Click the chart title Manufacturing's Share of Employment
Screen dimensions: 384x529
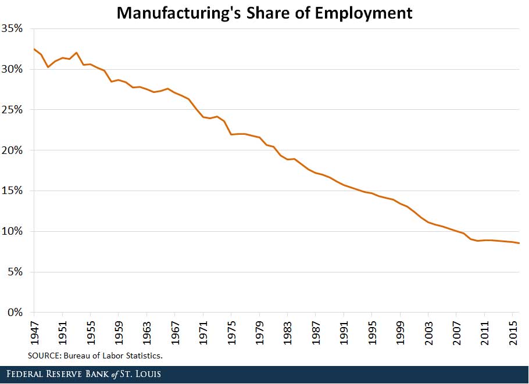pyautogui.click(x=264, y=13)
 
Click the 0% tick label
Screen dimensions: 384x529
pyautogui.click(x=15, y=313)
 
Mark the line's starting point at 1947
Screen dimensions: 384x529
pyautogui.click(x=34, y=49)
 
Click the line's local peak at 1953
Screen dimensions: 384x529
pyautogui.click(x=76, y=52)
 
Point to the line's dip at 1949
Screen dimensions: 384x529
pyautogui.click(x=48, y=67)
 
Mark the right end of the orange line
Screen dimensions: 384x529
pyautogui.click(x=519, y=243)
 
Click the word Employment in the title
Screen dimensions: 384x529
pyautogui.click(x=365, y=13)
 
